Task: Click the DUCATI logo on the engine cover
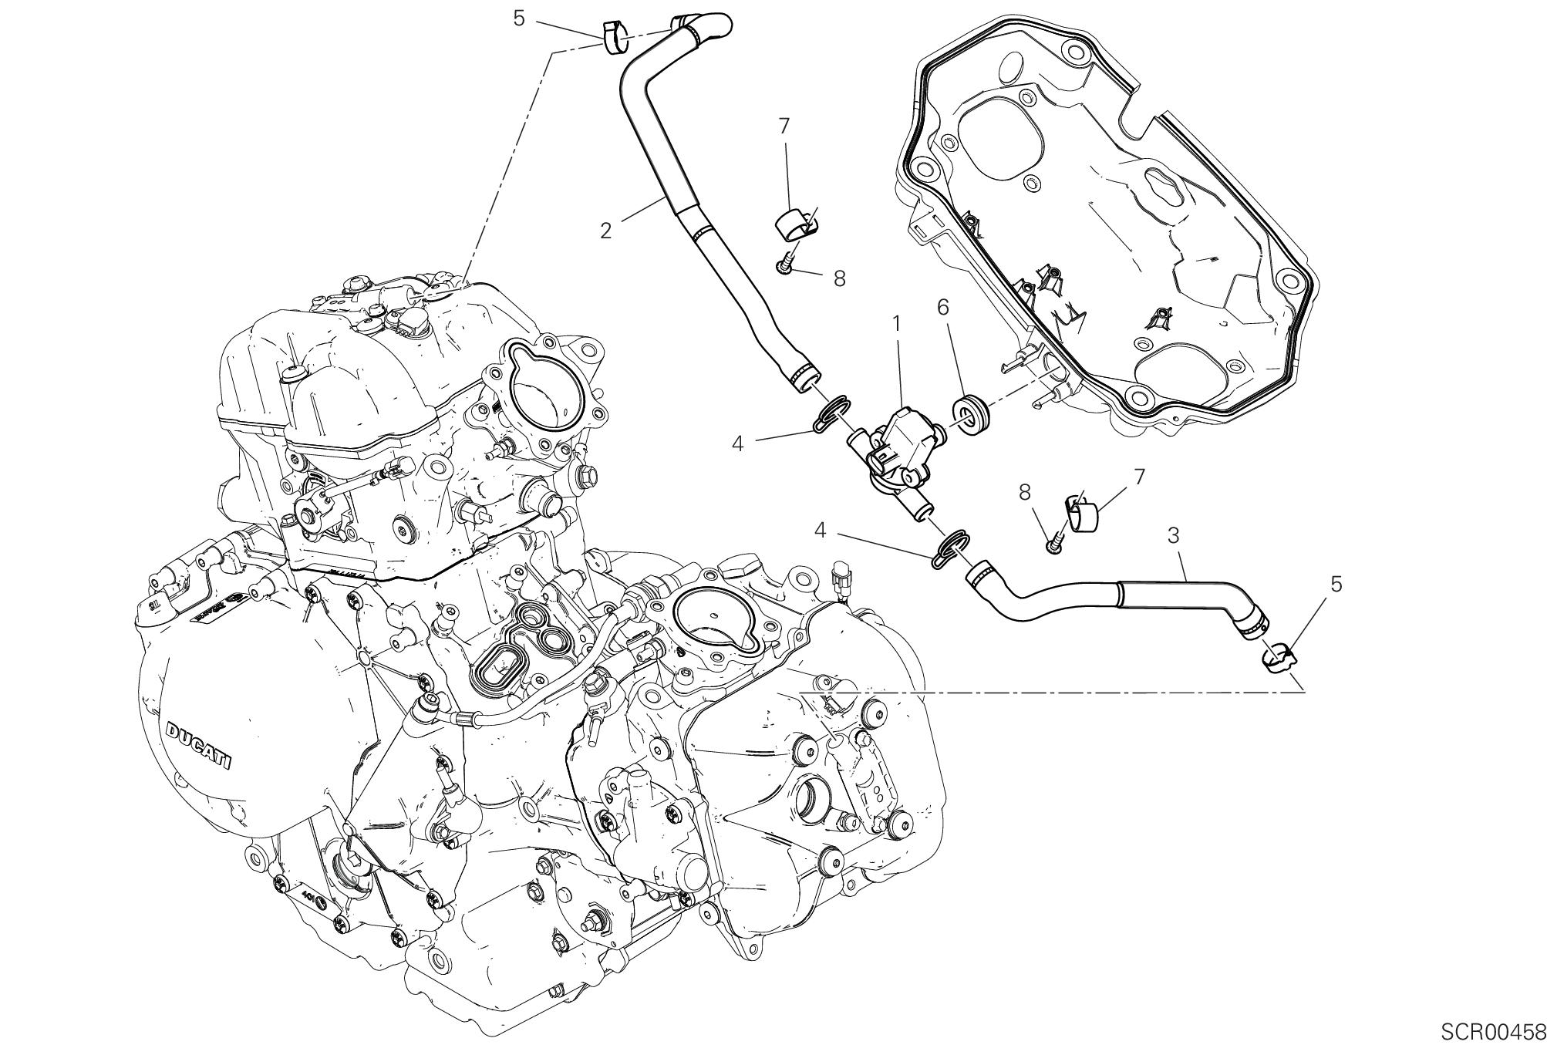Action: (x=198, y=745)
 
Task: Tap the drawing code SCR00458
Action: (x=1492, y=1031)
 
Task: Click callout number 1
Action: (x=897, y=324)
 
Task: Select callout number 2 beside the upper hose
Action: (x=606, y=230)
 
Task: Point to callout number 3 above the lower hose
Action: (x=1174, y=534)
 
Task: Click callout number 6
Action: (x=942, y=307)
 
